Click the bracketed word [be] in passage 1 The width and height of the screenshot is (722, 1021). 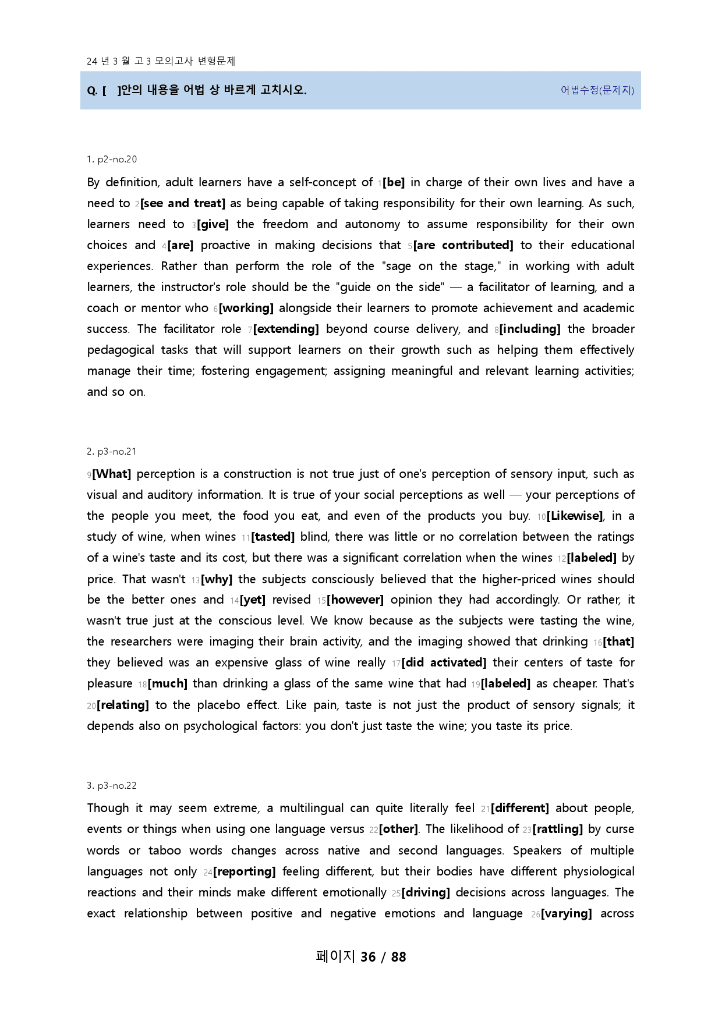394,183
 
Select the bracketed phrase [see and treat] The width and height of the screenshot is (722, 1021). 183,204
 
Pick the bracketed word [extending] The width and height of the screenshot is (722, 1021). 286,329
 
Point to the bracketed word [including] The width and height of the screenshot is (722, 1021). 530,329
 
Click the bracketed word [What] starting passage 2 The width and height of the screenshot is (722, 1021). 112,474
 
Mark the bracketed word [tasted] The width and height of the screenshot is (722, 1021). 273,537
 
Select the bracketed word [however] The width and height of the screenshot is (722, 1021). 355,600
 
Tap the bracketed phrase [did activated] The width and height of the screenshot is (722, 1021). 444,663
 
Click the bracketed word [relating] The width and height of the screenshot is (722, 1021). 123,706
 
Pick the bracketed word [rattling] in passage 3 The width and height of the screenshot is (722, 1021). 558,829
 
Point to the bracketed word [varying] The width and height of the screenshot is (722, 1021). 567,914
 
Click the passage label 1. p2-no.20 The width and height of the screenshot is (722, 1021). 112,159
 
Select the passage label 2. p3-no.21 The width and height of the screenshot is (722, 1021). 111,452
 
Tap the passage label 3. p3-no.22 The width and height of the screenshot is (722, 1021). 112,786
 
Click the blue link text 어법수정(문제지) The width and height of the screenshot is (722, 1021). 597,90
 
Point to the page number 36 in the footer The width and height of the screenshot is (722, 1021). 368,957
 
